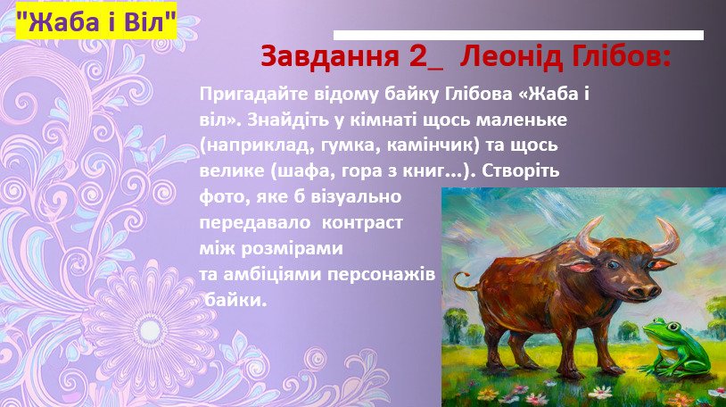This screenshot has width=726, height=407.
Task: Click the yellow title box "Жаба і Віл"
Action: coord(96,21)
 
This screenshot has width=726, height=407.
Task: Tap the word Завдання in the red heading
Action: coord(330,56)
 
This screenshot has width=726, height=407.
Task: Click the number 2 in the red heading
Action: coord(418,57)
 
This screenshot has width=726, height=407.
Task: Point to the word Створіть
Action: coord(521,171)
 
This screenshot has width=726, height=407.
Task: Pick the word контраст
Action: coord(362,223)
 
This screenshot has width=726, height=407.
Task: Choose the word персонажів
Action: coord(382,275)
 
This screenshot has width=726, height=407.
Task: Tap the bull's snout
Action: coord(645,291)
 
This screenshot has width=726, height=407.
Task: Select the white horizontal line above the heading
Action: coord(518,35)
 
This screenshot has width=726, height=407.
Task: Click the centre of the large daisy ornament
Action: coord(150,330)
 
